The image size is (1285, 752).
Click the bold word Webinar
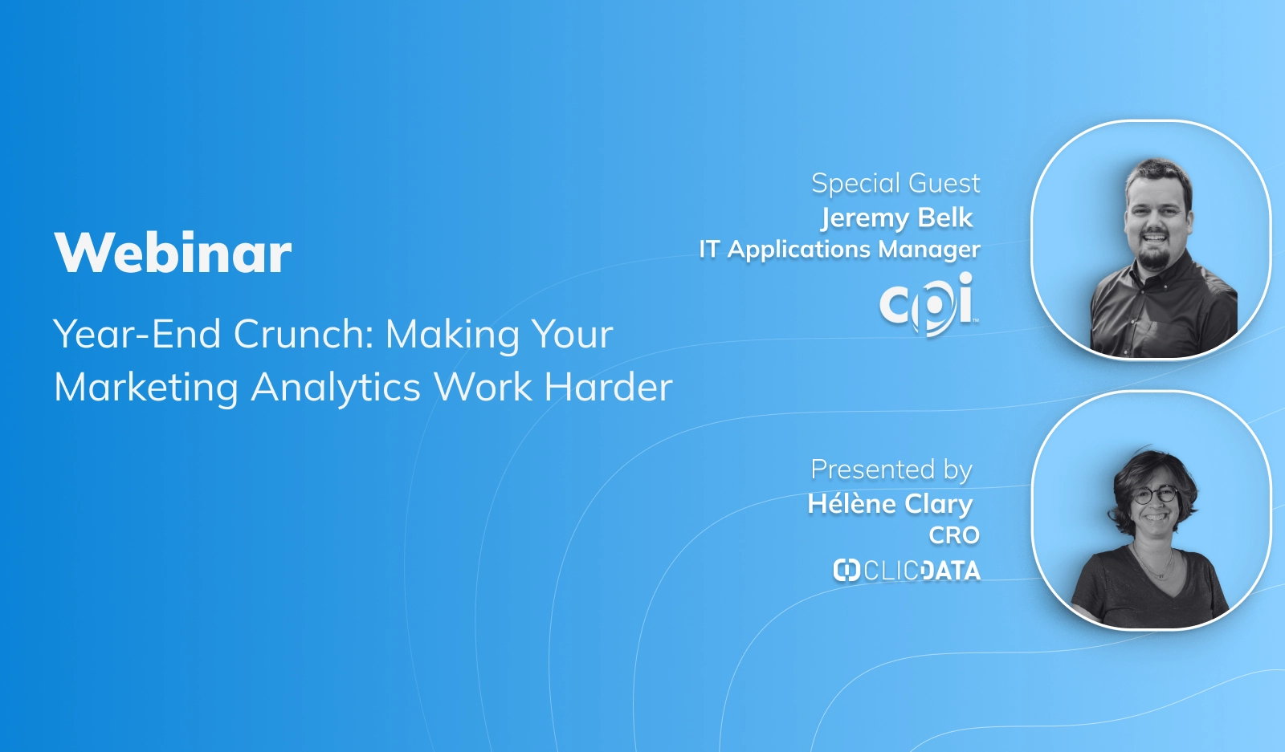point(173,253)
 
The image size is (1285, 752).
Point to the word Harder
point(608,388)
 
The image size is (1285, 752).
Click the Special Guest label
point(895,183)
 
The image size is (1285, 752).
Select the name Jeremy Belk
point(896,217)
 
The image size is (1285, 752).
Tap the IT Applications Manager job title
point(839,250)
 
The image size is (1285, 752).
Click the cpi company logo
point(928,303)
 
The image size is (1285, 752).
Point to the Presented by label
point(891,469)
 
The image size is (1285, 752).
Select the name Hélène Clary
point(890,504)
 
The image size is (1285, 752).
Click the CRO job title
point(954,535)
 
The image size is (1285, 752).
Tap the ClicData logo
point(907,571)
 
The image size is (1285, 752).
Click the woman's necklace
point(1155,566)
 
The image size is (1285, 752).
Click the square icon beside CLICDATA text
point(846,571)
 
